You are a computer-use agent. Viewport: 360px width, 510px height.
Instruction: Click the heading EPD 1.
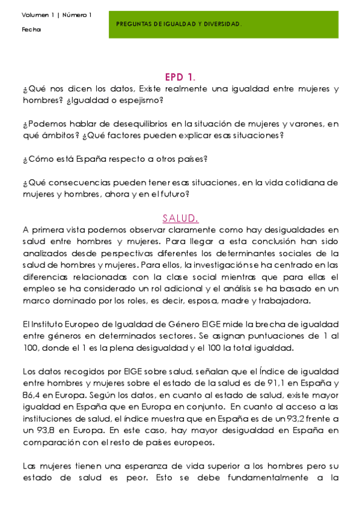coord(180,77)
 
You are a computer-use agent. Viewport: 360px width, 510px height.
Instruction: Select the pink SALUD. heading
coord(180,218)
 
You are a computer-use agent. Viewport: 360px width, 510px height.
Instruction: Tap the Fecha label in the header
coord(31,29)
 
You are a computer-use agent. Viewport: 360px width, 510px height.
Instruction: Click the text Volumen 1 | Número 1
coord(56,15)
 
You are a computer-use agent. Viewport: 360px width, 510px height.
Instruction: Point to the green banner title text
coord(178,24)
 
